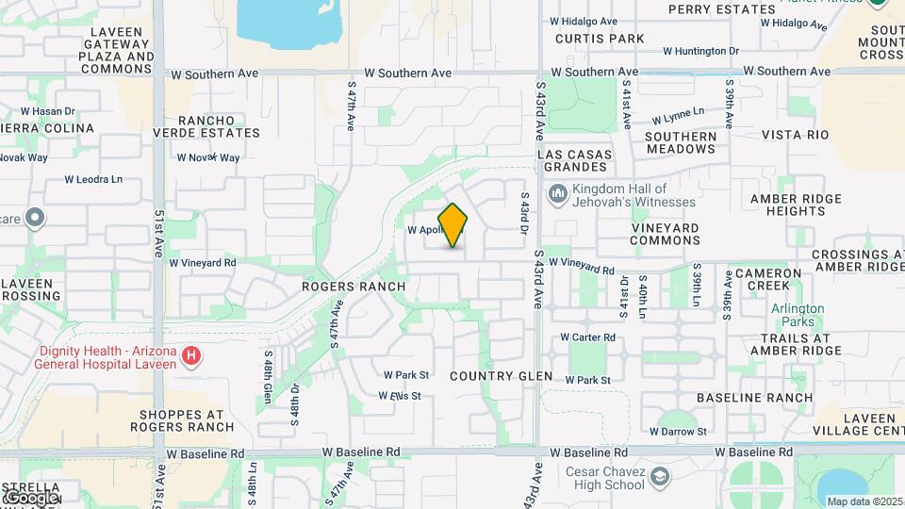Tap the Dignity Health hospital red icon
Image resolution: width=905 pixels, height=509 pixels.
click(191, 355)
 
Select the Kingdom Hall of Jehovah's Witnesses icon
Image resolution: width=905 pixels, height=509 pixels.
click(557, 194)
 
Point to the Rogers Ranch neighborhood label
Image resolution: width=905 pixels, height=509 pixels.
click(354, 286)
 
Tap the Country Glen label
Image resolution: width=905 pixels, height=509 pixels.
click(501, 375)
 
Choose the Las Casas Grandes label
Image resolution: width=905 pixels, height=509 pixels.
click(574, 161)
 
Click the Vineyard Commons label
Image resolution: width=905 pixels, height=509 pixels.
click(665, 235)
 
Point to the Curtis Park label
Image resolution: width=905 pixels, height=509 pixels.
click(600, 39)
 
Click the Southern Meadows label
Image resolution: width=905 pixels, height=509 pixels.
click(681, 142)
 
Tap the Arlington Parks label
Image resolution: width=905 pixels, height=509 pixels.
click(798, 315)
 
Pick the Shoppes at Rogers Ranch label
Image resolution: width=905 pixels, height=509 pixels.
click(187, 420)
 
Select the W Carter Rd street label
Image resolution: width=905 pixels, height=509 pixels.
click(587, 337)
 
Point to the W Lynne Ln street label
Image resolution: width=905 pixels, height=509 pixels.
click(678, 115)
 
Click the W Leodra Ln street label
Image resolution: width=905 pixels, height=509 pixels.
click(93, 179)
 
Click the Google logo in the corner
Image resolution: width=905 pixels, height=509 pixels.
click(31, 497)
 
